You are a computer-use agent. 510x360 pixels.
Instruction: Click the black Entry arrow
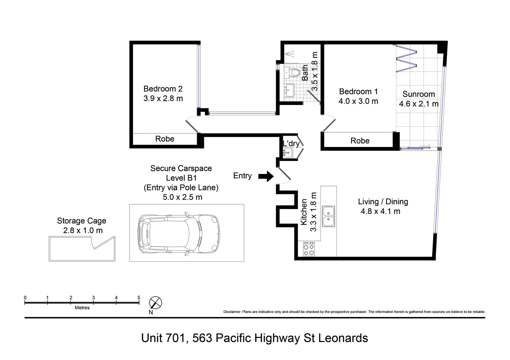(266, 176)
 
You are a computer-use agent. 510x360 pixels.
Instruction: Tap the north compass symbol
(155, 303)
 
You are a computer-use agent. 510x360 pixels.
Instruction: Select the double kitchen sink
(329, 216)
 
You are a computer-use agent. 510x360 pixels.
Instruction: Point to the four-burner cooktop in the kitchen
(309, 249)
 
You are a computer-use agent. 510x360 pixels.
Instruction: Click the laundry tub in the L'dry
(288, 153)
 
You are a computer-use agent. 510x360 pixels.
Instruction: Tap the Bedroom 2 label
(163, 89)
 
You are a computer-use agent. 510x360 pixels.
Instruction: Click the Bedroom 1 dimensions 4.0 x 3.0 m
(358, 101)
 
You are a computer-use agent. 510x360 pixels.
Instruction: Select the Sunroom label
(419, 94)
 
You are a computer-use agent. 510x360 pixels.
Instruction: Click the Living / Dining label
(383, 202)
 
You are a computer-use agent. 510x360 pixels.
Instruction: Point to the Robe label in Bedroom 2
(165, 139)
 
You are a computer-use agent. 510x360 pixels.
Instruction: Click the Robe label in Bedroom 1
(360, 141)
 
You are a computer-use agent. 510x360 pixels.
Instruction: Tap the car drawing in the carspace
(178, 233)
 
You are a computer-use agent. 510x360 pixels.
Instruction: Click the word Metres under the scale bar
(82, 308)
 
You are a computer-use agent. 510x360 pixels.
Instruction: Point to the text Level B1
(181, 178)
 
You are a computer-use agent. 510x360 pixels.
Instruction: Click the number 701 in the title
(173, 338)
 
